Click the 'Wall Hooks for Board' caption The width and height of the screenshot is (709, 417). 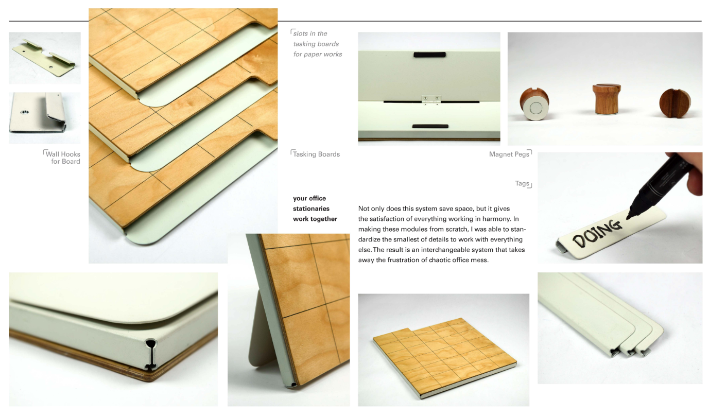point(63,158)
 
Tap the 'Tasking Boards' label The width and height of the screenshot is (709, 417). point(316,154)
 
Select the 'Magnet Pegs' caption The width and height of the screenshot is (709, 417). point(509,154)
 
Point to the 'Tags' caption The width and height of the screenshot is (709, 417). point(522,183)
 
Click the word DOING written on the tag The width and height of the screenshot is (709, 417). point(597,231)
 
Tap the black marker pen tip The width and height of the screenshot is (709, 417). point(629,217)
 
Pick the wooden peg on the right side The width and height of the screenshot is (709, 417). point(674,103)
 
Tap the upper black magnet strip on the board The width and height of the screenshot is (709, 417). point(429,55)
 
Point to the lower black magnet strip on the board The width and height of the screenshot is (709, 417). point(429,126)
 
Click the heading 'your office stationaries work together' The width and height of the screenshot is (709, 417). point(315,208)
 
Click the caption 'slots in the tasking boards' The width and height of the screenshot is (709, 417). point(317,44)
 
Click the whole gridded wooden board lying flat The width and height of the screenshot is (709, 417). point(443,355)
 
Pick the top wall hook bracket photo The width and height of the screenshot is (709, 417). point(44,58)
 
